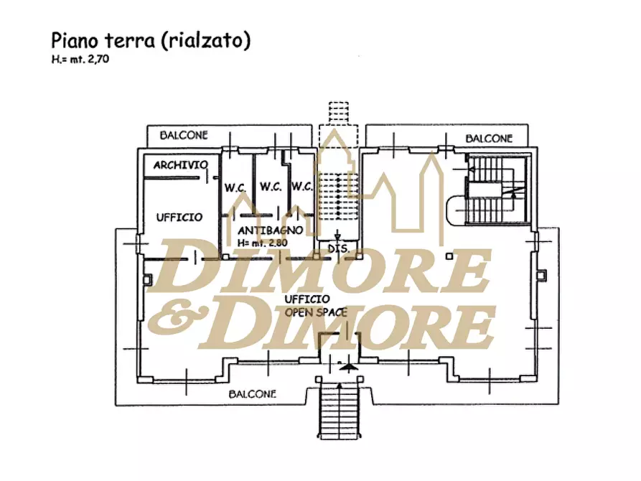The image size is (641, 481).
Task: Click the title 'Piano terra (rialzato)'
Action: click(x=150, y=41)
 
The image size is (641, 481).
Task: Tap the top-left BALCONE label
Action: click(x=184, y=135)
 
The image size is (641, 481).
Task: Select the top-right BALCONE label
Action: click(x=489, y=138)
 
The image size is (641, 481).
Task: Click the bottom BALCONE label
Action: click(x=253, y=394)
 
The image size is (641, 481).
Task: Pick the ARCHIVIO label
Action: click(x=180, y=165)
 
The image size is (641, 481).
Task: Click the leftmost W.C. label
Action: click(x=235, y=187)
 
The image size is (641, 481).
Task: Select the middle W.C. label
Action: click(x=270, y=187)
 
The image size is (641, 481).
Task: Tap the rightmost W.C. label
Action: click(x=301, y=187)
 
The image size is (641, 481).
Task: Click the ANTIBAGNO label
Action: click(x=263, y=230)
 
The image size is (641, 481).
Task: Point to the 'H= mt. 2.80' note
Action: click(x=263, y=242)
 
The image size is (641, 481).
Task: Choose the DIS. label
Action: click(x=338, y=248)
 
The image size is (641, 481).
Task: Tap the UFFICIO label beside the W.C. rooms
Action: click(x=179, y=217)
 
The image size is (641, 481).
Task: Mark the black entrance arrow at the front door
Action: click(x=347, y=366)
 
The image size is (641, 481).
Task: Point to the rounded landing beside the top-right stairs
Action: click(x=457, y=210)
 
